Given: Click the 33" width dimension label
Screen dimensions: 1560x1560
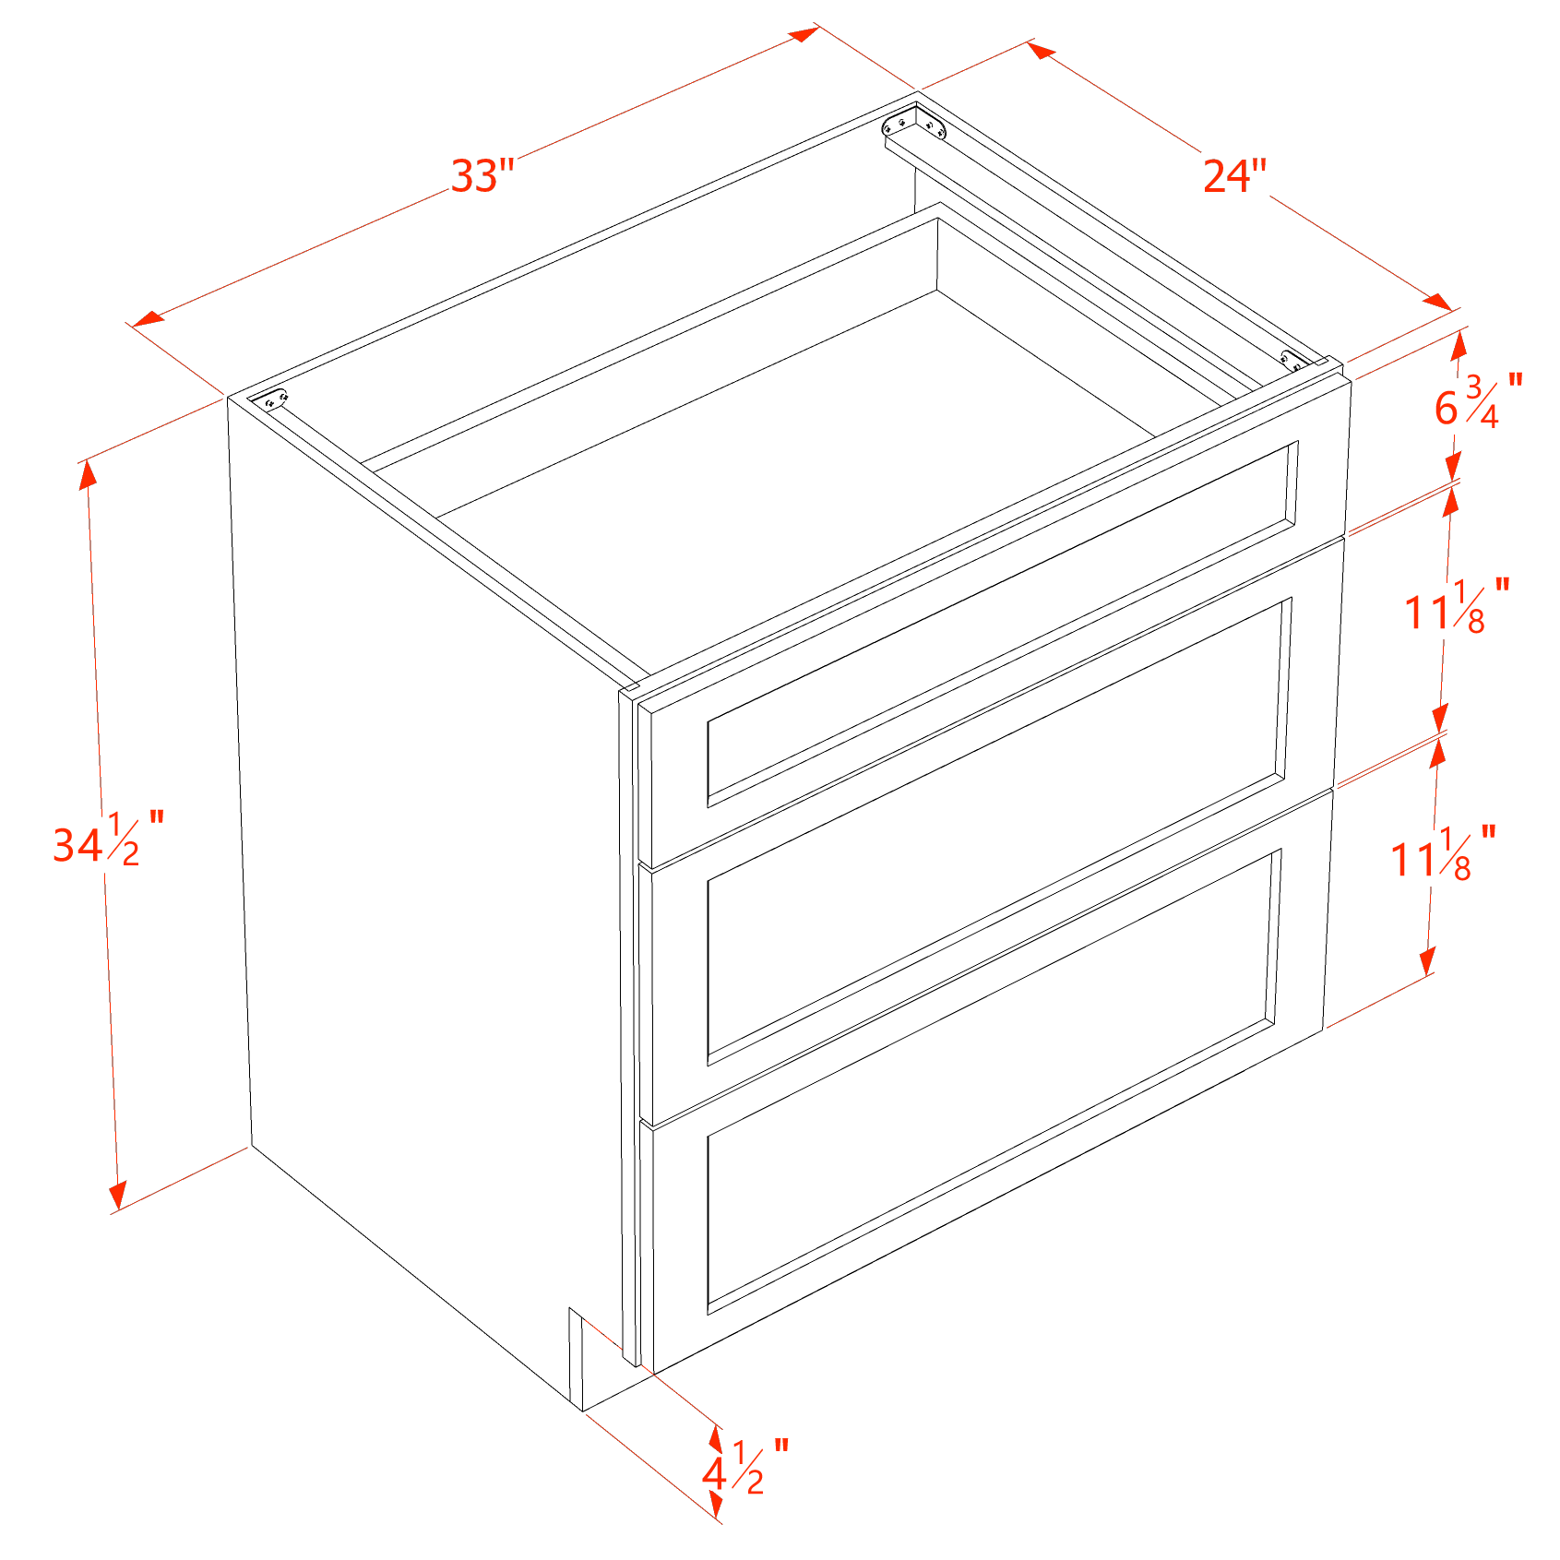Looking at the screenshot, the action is (482, 175).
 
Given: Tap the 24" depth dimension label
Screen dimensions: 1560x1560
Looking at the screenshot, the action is (1234, 175).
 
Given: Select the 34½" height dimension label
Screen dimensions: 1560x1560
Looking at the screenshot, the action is (109, 840).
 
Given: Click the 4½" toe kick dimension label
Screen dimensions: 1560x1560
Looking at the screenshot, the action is (745, 1467).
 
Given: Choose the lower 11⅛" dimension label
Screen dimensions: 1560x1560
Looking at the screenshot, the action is (1444, 853).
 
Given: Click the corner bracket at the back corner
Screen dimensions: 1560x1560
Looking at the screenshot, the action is (916, 124).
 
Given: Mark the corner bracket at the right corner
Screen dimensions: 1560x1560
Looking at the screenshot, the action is (1294, 361).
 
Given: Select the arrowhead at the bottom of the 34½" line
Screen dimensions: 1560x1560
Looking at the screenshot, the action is (117, 1196).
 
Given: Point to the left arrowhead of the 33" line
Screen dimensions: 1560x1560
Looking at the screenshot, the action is (148, 318).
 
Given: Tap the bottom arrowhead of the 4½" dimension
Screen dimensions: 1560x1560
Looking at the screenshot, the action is (716, 1505).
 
